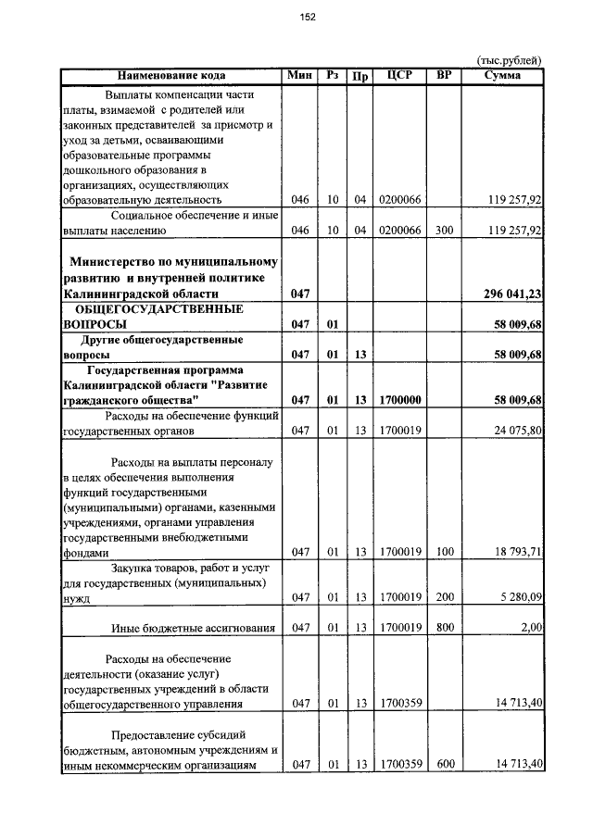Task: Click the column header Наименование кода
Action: (x=171, y=76)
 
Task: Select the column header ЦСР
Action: (x=400, y=76)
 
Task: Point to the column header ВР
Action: (x=443, y=76)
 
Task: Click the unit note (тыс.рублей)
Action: (x=510, y=61)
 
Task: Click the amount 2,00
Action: (x=531, y=628)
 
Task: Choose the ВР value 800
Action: (x=445, y=628)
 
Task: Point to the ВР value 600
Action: (x=445, y=764)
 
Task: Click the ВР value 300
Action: (x=445, y=230)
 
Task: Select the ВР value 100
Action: (x=445, y=552)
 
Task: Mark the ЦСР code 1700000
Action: (x=400, y=400)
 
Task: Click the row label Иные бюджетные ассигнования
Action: (x=194, y=628)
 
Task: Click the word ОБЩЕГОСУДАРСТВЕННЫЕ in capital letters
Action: (x=158, y=309)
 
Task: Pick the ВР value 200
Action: (x=445, y=598)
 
